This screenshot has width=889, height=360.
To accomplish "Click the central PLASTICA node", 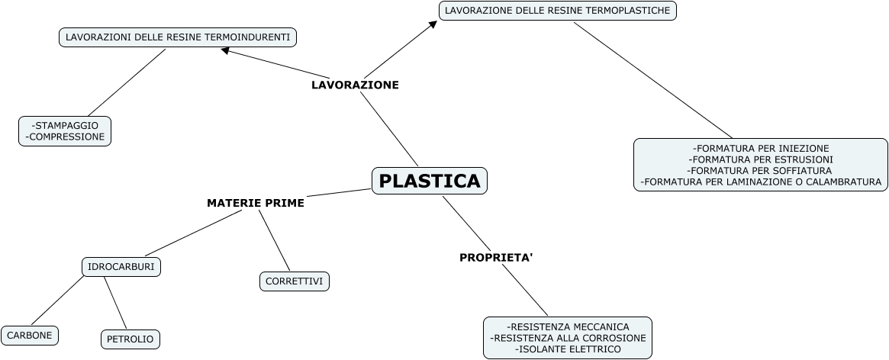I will (x=430, y=181).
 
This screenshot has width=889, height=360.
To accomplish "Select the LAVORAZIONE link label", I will (x=355, y=85).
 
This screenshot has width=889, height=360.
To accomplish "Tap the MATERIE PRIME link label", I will (x=256, y=203).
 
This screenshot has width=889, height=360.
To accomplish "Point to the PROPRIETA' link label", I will (x=496, y=257).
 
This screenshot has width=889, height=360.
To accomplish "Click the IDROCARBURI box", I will (x=121, y=267).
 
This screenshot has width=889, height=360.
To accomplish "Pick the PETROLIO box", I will (x=130, y=339).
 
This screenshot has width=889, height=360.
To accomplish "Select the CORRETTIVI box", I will (x=294, y=281).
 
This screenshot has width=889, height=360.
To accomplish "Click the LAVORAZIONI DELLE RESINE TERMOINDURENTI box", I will (x=178, y=37).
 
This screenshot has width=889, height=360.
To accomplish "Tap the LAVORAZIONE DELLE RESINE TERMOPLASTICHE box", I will (x=558, y=11).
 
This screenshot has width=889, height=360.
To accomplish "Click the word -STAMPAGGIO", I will (x=65, y=125).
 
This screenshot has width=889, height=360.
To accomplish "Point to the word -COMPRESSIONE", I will (x=65, y=137).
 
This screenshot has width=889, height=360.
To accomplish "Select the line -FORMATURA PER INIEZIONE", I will (x=760, y=148).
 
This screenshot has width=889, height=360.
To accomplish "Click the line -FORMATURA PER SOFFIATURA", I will (x=760, y=170).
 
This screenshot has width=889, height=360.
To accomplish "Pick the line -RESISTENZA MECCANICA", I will (x=568, y=326).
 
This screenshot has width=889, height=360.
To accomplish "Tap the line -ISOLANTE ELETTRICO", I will (x=568, y=349).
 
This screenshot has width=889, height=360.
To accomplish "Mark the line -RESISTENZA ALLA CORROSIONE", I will (x=568, y=338).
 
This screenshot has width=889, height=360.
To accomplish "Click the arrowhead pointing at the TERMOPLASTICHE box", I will (x=433, y=24).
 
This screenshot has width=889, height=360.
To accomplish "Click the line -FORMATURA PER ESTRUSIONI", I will (x=760, y=159).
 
